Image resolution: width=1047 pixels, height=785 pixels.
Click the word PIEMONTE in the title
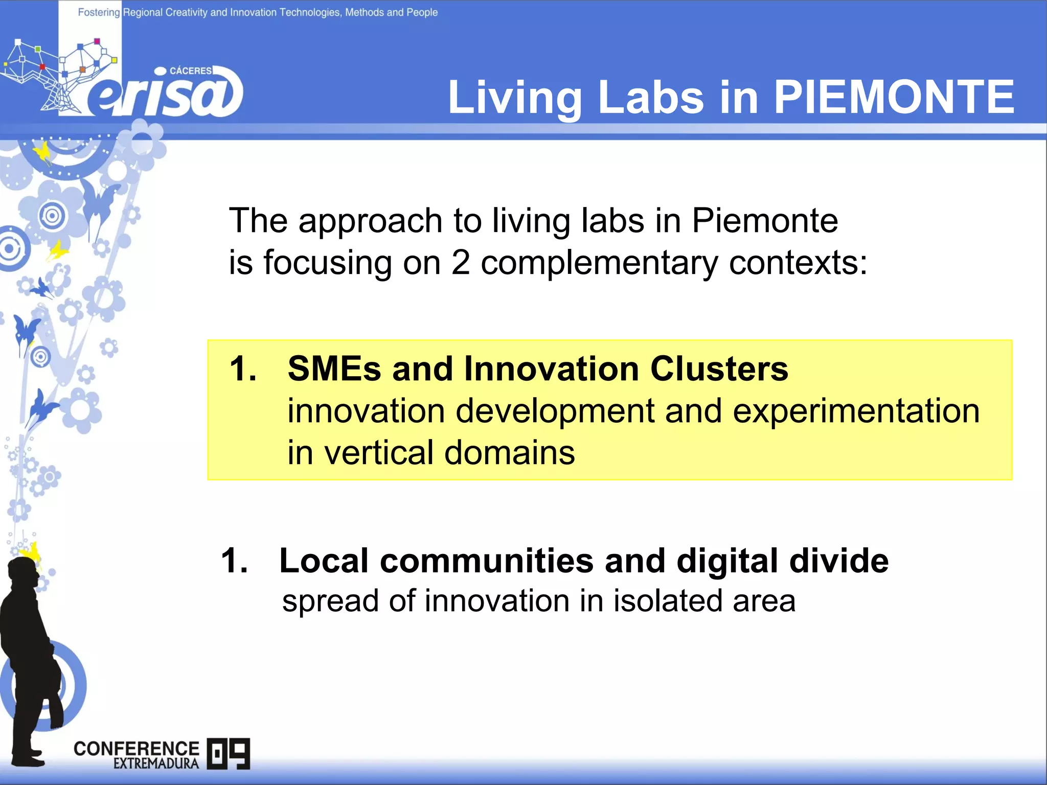click(x=894, y=97)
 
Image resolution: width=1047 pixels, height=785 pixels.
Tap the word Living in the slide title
click(x=514, y=98)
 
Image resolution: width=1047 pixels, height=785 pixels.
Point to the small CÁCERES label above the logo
click(x=190, y=71)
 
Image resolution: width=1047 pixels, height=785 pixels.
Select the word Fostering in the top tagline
click(x=99, y=12)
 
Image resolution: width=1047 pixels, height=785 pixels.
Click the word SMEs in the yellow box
click(x=334, y=368)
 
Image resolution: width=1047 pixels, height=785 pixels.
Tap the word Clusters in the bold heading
click(x=719, y=368)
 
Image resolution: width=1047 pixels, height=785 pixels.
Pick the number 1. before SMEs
click(x=242, y=368)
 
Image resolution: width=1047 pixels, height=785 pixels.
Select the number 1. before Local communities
click(x=234, y=561)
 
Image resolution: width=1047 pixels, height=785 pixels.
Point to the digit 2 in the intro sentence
click(x=460, y=263)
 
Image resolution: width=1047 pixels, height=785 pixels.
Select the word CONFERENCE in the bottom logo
click(x=136, y=749)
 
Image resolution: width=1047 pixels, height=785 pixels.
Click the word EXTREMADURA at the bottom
click(x=156, y=764)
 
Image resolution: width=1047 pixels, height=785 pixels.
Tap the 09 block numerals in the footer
click(x=229, y=753)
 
